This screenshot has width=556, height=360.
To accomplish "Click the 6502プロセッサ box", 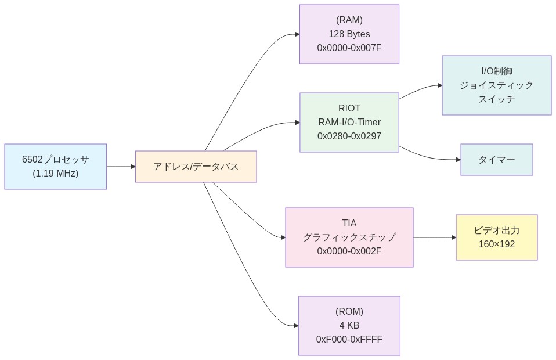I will (x=56, y=167).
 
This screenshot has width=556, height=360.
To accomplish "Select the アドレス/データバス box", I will (x=196, y=167).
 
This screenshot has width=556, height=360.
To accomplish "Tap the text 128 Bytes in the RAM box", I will (x=349, y=34).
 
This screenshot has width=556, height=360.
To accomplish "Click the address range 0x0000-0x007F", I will (x=349, y=48).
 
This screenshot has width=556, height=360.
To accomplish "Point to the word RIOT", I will (x=349, y=108).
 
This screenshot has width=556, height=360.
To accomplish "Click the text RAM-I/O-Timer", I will (x=349, y=122).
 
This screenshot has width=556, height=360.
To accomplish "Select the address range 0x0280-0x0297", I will (x=349, y=136).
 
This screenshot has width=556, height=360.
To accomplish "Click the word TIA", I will (x=349, y=223).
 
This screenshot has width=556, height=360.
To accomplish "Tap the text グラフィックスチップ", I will (x=349, y=237).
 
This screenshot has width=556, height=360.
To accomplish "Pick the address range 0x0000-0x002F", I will (x=349, y=251).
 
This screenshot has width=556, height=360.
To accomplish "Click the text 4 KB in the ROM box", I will (x=349, y=325).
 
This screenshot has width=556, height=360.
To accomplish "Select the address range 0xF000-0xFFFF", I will (x=349, y=339).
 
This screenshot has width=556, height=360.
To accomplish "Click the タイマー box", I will (x=496, y=160).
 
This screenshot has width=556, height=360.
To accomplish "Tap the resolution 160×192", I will (x=496, y=244).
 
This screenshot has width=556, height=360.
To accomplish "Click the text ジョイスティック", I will (x=496, y=85).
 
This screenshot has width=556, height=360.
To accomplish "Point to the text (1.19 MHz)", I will (x=56, y=173).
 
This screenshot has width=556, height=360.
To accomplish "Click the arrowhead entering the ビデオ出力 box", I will (x=453, y=237).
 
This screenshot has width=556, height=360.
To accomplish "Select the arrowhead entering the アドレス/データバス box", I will (x=132, y=167).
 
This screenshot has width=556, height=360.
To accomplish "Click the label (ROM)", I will (x=349, y=311).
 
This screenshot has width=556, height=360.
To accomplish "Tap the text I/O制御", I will (x=496, y=71).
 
